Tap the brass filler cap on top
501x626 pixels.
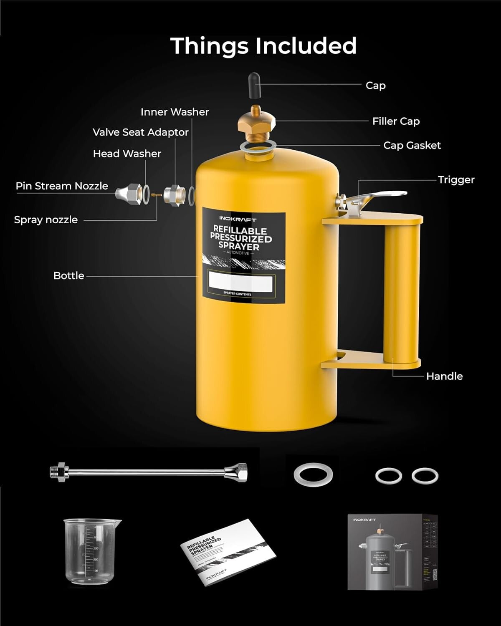click(256, 124)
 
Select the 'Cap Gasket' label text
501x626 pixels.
click(412, 146)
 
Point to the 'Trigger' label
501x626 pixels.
click(456, 180)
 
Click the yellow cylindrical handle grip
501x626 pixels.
click(402, 292)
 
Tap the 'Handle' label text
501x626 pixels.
click(444, 376)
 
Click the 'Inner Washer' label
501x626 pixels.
click(175, 112)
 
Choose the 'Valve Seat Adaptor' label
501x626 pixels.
click(140, 132)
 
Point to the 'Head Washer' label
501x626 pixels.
click(127, 154)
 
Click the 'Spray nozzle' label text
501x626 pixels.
click(46, 220)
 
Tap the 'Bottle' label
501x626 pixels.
click(69, 276)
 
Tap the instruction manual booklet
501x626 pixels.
click(228, 552)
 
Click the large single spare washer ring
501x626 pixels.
click(313, 475)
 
